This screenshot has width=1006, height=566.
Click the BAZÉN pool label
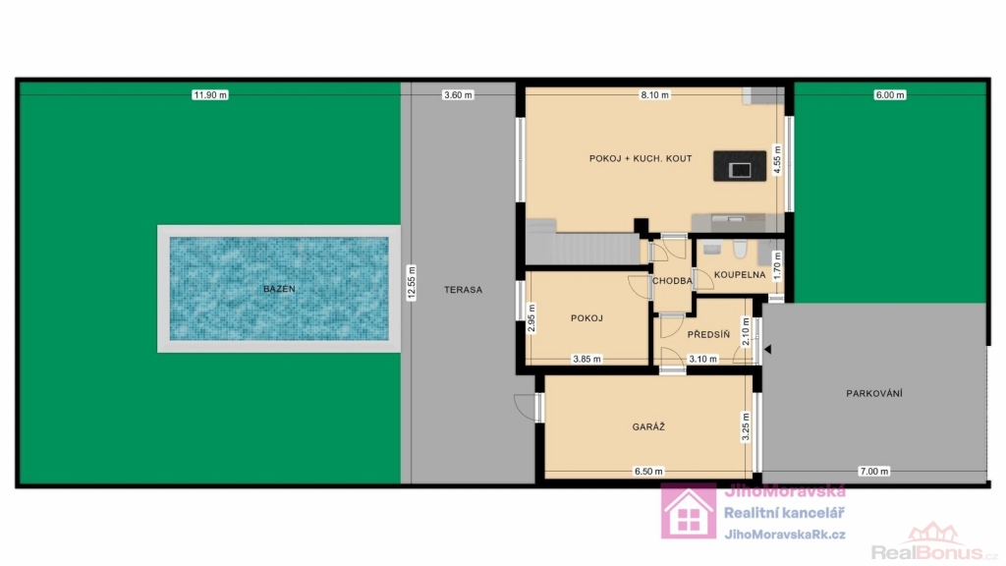point(279,289)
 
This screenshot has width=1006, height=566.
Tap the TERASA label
point(463,290)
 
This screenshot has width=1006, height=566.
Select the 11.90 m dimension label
point(210,95)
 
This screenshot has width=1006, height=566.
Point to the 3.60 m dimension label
point(458,95)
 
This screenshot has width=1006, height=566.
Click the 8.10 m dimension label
point(654,95)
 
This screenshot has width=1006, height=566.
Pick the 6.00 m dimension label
point(890,95)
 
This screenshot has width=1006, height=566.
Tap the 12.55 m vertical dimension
point(412,283)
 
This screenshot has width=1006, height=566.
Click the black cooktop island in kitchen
point(740,166)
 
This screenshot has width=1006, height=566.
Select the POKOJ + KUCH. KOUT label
point(641,158)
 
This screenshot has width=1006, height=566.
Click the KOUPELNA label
point(740,275)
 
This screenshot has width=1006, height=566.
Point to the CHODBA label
point(672,280)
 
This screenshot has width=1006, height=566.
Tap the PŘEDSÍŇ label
point(708,334)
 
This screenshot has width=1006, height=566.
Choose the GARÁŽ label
point(648,426)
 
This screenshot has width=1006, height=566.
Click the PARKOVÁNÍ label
point(873,393)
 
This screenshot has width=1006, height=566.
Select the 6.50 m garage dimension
point(648,471)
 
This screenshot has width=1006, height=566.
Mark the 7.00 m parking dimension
point(873,471)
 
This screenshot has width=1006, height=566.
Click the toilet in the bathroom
point(740,249)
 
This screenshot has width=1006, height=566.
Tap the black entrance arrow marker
point(767,350)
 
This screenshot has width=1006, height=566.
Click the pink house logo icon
point(689,511)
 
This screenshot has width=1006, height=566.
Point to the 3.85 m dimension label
point(587,360)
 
